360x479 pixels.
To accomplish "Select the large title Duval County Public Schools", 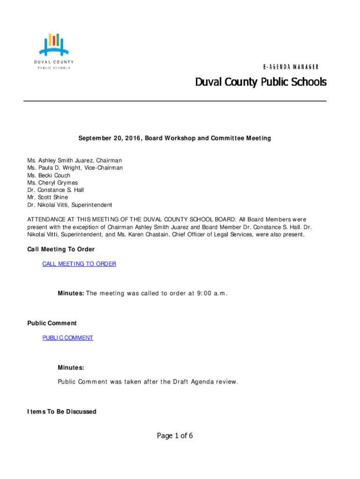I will (260, 83).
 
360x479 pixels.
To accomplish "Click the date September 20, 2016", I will (110, 138).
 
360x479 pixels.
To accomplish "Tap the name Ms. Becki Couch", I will (49, 175).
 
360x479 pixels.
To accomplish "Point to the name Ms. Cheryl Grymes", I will (52, 183).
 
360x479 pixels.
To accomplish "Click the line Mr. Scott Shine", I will (47, 197).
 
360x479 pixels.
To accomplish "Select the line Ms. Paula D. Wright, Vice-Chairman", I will (75, 168).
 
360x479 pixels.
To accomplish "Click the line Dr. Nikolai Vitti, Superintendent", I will (70, 205).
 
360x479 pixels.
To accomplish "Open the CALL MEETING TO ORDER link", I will (79, 264).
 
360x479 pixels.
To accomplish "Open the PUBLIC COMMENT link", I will (68, 338).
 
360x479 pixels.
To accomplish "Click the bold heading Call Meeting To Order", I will (61, 249).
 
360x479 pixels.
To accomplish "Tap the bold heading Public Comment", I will (52, 323).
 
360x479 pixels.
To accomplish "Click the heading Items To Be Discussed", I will (62, 412).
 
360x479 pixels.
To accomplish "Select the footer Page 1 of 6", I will (175, 436).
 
